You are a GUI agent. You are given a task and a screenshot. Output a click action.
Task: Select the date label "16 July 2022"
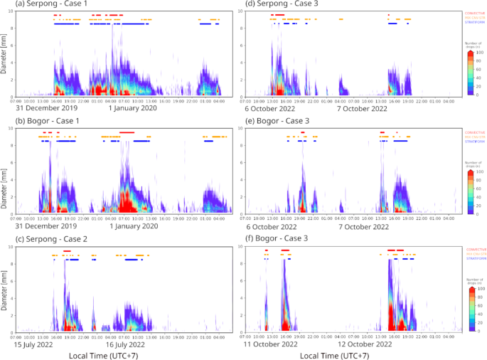point(127,344)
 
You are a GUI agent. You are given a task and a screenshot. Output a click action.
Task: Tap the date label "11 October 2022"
point(269,344)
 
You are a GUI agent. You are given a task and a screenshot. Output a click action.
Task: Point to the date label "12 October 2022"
point(363,344)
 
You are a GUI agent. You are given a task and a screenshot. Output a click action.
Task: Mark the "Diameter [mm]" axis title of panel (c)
point(5,288)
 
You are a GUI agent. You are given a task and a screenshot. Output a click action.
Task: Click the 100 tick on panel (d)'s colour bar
point(481,53)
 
